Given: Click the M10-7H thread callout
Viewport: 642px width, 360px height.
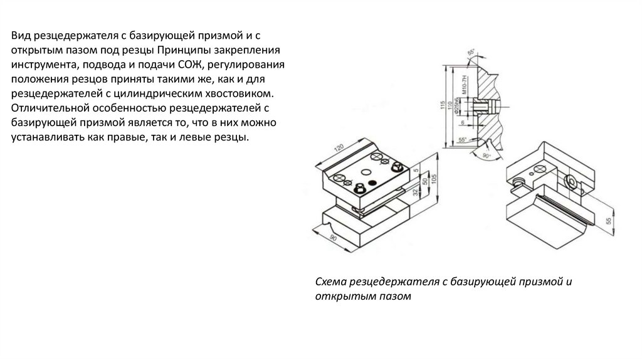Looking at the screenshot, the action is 465,84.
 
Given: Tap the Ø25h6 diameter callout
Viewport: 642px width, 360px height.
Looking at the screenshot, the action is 465,107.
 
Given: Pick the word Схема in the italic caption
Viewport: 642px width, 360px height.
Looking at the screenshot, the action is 330,282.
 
